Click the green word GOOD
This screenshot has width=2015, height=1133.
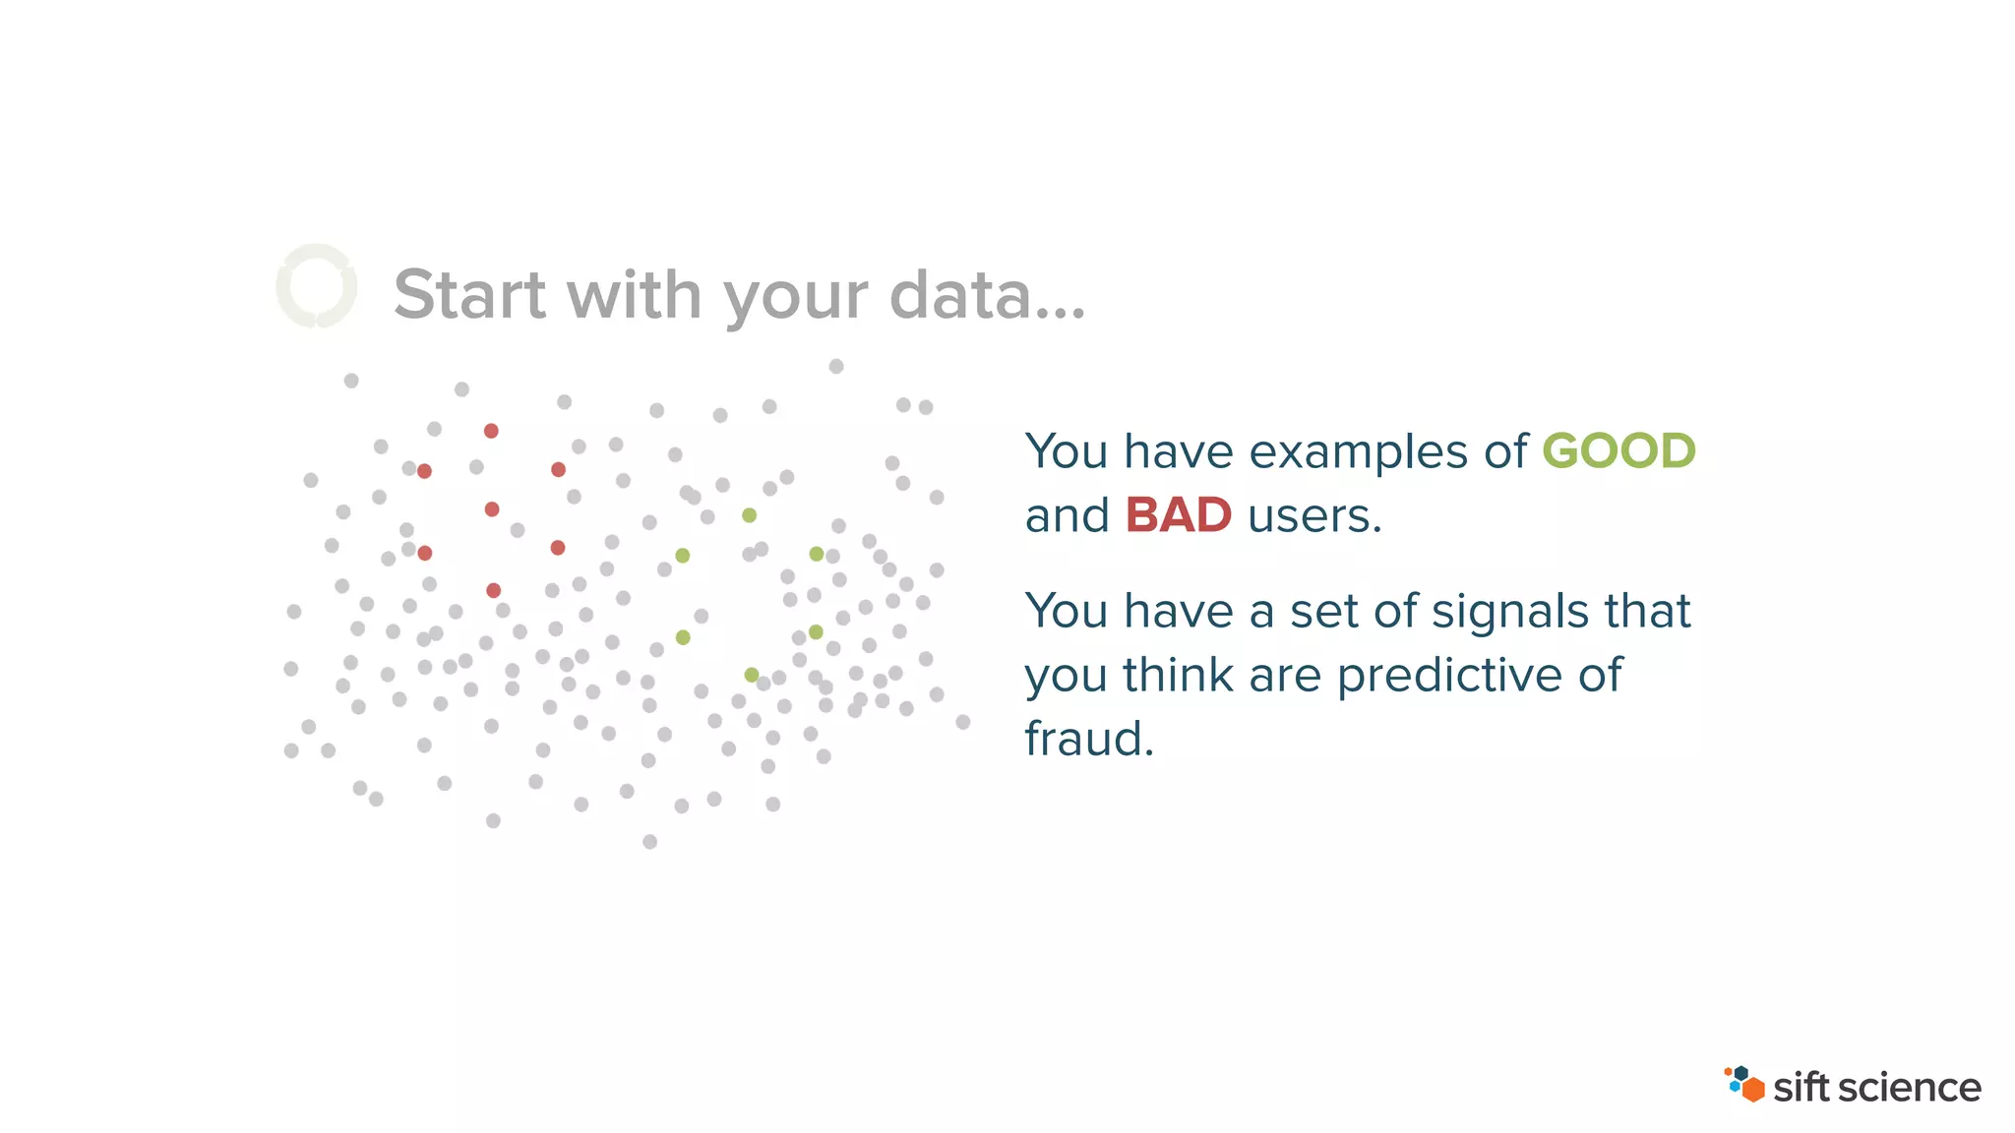pyautogui.click(x=1618, y=451)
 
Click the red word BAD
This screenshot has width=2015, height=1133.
pyautogui.click(x=1178, y=515)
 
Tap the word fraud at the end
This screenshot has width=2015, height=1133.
pyautogui.click(x=1087, y=739)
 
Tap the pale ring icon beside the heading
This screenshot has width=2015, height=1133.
pyautogui.click(x=316, y=286)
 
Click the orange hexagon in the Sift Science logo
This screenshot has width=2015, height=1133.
pyautogui.click(x=1752, y=1090)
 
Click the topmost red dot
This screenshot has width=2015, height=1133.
pyautogui.click(x=491, y=431)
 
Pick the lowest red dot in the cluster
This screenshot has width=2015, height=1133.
pyautogui.click(x=494, y=590)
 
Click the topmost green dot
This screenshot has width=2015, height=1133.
pyautogui.click(x=749, y=515)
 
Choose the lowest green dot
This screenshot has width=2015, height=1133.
pyautogui.click(x=752, y=675)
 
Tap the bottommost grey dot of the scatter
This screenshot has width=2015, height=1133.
pyautogui.click(x=649, y=842)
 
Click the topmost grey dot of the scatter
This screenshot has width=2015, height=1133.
pyautogui.click(x=836, y=366)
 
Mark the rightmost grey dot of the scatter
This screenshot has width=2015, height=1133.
pyautogui.click(x=963, y=722)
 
